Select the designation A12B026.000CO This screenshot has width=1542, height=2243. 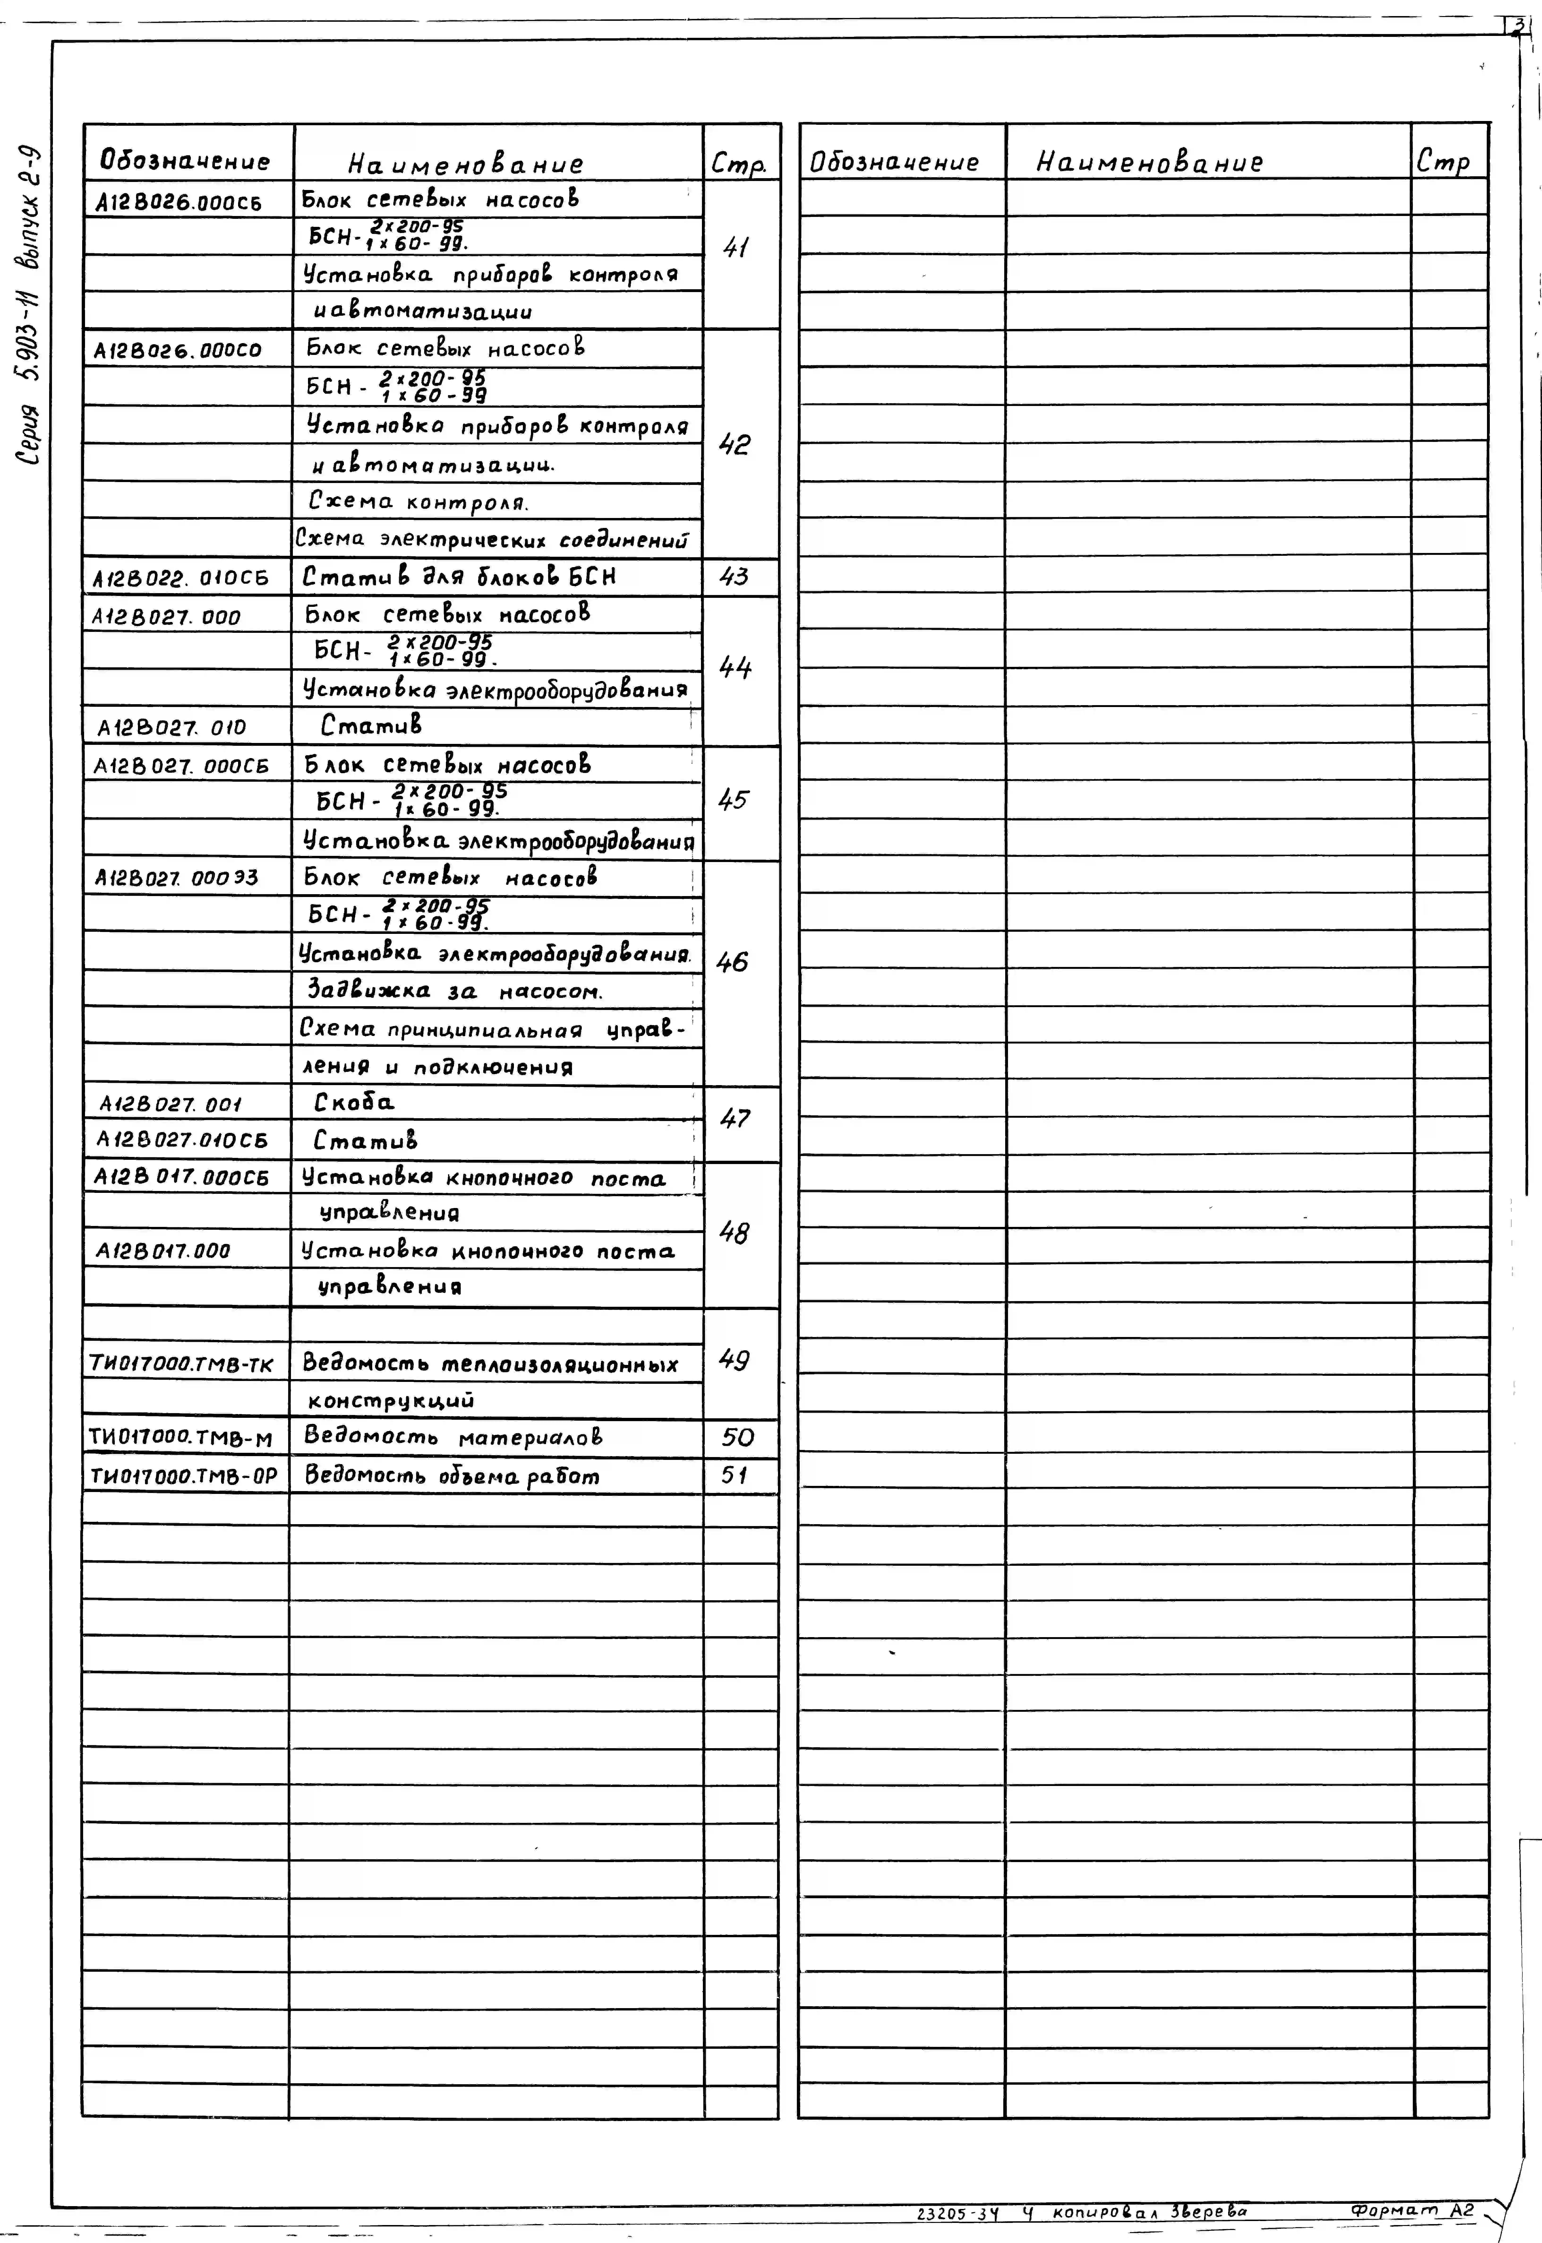click(178, 350)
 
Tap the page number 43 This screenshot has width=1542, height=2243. click(734, 577)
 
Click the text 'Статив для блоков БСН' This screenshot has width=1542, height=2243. click(459, 577)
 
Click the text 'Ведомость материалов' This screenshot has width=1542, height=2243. click(453, 1437)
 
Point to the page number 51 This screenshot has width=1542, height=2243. click(734, 1476)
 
